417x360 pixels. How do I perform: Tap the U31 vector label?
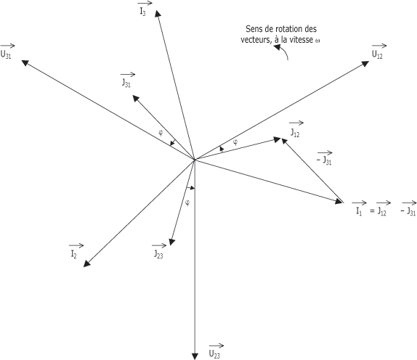7,52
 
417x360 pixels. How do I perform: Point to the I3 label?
145,9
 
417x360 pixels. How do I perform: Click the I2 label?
76,251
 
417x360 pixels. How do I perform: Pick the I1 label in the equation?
359,208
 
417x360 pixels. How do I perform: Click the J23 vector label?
159,251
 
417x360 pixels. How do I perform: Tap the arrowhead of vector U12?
365,63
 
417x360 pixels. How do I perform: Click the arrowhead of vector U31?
25,62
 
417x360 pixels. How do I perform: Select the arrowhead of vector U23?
195,356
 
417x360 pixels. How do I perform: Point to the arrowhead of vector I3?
158,13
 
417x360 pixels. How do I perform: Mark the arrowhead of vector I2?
86,263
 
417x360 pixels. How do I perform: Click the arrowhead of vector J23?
171,242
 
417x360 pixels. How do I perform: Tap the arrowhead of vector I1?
339,201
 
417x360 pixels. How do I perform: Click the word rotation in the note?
290,29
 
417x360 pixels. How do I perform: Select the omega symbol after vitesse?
317,41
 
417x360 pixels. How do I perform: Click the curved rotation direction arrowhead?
277,48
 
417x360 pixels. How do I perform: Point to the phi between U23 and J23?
187,203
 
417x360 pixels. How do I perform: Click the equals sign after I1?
372,211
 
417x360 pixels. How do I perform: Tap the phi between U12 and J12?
235,142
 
